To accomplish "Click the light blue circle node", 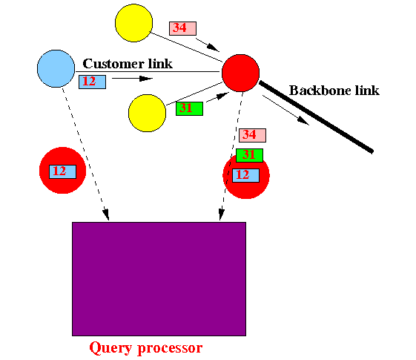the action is click(x=56, y=68).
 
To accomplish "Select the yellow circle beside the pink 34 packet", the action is click(x=133, y=23).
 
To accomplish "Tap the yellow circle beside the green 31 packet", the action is click(x=148, y=113).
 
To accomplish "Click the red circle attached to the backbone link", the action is click(x=241, y=73).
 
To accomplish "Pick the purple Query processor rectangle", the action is click(x=159, y=279).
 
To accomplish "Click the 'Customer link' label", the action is click(x=128, y=64).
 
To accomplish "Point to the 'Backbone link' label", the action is click(x=334, y=91).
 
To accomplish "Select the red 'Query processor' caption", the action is click(x=146, y=348).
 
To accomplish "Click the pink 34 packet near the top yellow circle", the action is click(x=183, y=28).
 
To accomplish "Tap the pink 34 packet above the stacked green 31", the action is click(x=252, y=135).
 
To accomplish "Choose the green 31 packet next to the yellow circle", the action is click(x=189, y=108).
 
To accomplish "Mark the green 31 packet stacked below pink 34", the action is click(x=249, y=155).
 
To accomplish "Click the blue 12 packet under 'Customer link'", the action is click(x=93, y=82).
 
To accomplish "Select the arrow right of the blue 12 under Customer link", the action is click(x=133, y=79).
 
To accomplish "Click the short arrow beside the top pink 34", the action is click(x=208, y=45).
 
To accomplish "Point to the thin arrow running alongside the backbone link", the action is click(x=286, y=110).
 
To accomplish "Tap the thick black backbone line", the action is click(x=316, y=117).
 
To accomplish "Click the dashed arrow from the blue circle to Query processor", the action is click(x=85, y=154).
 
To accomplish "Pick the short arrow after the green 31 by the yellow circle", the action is click(x=217, y=97).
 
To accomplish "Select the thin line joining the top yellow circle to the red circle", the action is click(x=187, y=48).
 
